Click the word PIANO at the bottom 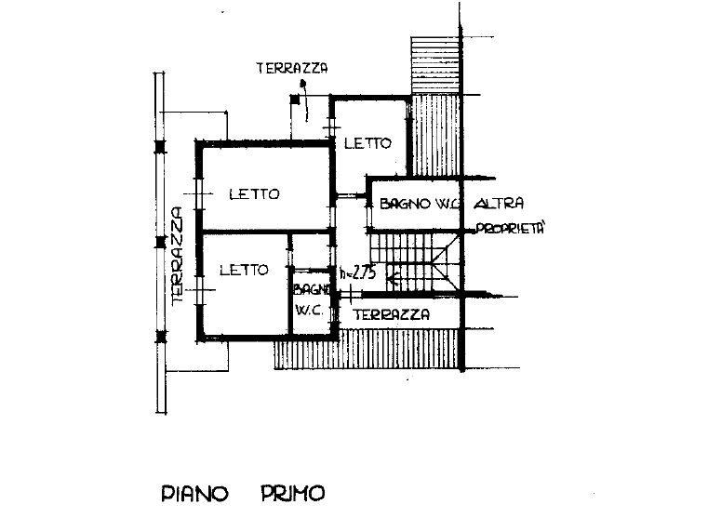pos(194,493)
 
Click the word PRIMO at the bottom pos(293,493)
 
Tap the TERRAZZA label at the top pos(292,68)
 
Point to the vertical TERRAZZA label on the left pos(177,256)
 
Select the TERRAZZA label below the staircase pos(391,314)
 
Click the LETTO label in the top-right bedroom pos(367,143)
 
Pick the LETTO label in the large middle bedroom pos(255,194)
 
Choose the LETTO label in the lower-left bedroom pos(244,271)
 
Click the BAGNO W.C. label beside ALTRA pos(420,204)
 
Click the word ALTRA pos(499,204)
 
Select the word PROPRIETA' pos(510,229)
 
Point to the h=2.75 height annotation pos(357,273)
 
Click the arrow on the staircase pos(393,280)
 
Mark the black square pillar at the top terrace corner pos(295,100)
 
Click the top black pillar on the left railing pos(160,147)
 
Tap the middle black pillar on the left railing pos(160,243)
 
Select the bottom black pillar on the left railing pos(160,337)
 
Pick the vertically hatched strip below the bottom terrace pos(367,349)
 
